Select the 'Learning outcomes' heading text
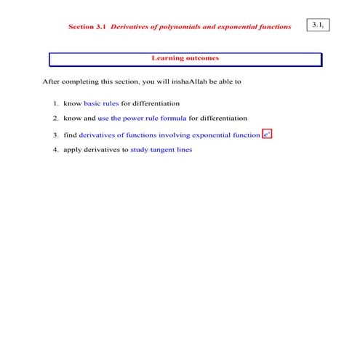click(x=185, y=57)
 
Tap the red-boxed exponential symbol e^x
click(x=267, y=135)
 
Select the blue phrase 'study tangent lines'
click(x=161, y=149)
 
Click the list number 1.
click(x=55, y=103)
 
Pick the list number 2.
click(x=55, y=118)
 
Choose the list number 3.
click(x=55, y=135)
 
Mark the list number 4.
click(x=55, y=149)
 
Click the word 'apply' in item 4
click(x=72, y=150)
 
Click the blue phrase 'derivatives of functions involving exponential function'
click(x=169, y=135)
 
